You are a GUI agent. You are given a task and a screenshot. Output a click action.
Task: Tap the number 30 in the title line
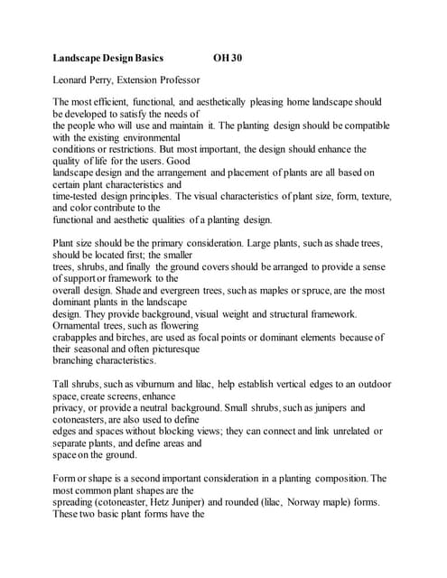pyautogui.click(x=236, y=59)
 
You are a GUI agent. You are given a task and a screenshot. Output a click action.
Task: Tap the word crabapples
pyautogui.click(x=79, y=337)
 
